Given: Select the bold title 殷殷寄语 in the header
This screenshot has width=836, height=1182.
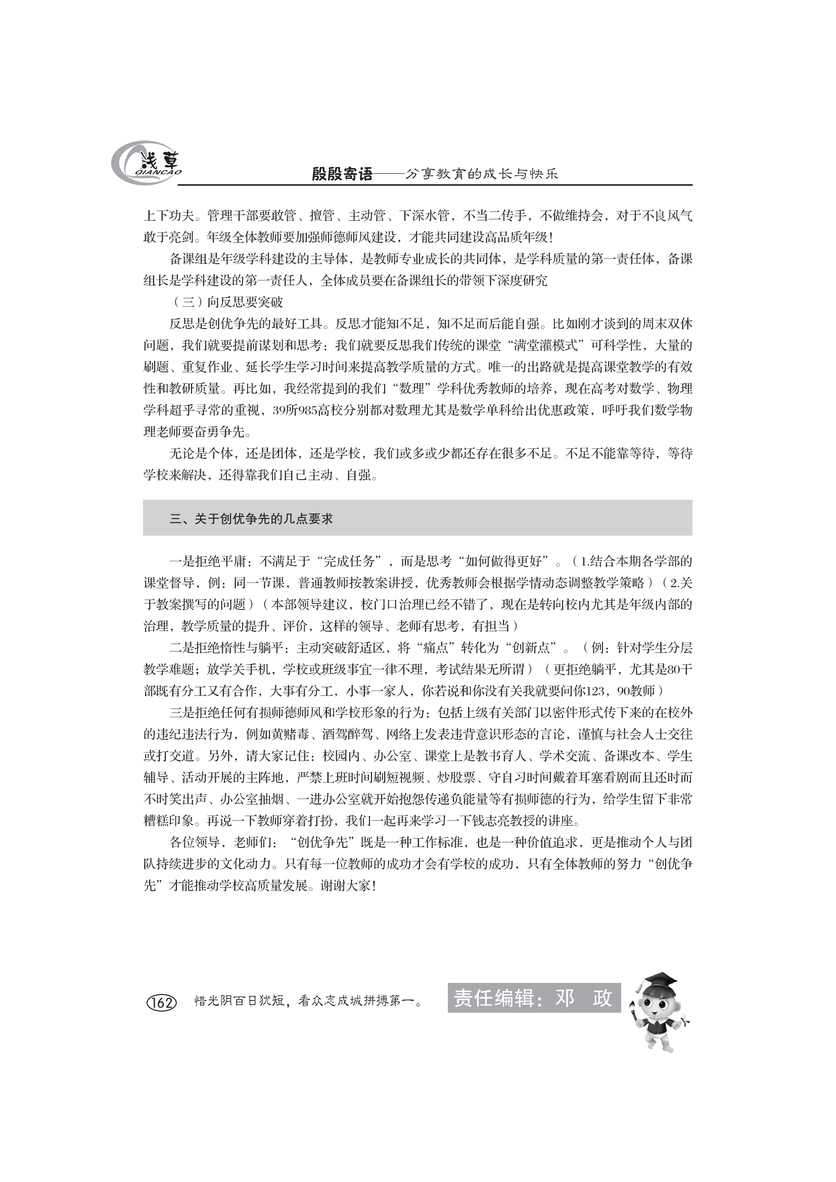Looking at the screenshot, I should coord(342,174).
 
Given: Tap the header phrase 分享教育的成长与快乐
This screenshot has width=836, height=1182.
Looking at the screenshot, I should coord(482,174).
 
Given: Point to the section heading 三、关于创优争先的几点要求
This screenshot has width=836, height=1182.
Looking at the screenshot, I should coord(251,519).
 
